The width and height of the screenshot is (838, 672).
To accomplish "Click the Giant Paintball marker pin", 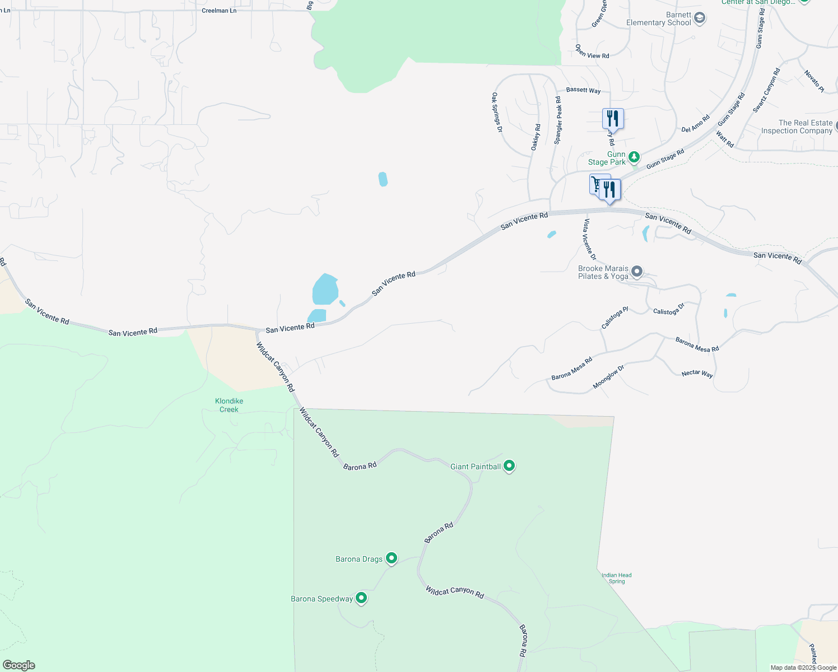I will [x=509, y=465].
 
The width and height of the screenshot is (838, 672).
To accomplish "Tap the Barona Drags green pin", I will [x=392, y=558].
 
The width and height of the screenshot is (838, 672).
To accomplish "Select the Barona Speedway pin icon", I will [x=361, y=598].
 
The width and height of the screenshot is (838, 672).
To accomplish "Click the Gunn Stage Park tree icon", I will [x=634, y=157].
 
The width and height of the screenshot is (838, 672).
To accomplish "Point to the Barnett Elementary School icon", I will [x=699, y=18].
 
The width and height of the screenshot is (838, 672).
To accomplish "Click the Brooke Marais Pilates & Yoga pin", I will [x=636, y=272].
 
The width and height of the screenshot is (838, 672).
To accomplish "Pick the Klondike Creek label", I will [x=229, y=405].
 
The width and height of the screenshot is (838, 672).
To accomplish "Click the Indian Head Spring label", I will [x=617, y=578].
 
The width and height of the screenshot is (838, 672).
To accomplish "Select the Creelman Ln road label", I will [x=219, y=11].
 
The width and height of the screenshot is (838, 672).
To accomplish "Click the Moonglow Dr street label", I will [x=608, y=377].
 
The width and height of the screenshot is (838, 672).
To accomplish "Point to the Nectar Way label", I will [x=697, y=374].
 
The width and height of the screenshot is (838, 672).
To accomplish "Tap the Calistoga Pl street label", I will [x=614, y=318].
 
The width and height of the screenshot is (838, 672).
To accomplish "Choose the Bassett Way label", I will [x=583, y=90].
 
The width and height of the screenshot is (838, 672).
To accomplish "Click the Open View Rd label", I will [x=592, y=52].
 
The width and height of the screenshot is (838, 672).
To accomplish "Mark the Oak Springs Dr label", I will [x=497, y=113].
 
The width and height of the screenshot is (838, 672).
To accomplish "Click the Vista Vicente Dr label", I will [x=589, y=239].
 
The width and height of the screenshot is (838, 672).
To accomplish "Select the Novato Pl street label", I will [x=814, y=81].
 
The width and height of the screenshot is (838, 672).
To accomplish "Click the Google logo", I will [x=19, y=665].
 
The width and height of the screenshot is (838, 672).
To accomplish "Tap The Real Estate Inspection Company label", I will [x=797, y=127].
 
